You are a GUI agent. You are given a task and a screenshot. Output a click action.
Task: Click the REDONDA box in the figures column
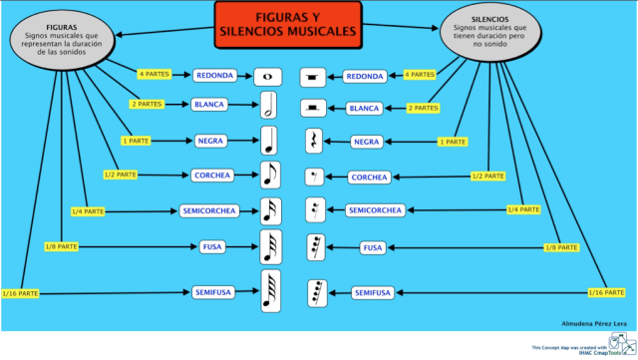tap(215, 76)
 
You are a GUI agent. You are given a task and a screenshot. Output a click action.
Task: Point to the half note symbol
tap(268, 105)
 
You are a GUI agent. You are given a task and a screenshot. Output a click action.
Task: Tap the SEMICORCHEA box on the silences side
tap(375, 210)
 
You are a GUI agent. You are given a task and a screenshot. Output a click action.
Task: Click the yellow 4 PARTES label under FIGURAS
tap(156, 74)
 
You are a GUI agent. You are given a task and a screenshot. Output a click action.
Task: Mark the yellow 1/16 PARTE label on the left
tap(21, 292)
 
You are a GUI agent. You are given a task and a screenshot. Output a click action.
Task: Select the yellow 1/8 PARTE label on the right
tap(560, 245)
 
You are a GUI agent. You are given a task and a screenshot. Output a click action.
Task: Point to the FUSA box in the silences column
tap(372, 247)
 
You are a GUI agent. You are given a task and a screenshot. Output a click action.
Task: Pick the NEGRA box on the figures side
tap(209, 141)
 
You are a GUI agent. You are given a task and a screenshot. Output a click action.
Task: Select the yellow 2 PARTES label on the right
tap(423, 108)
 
